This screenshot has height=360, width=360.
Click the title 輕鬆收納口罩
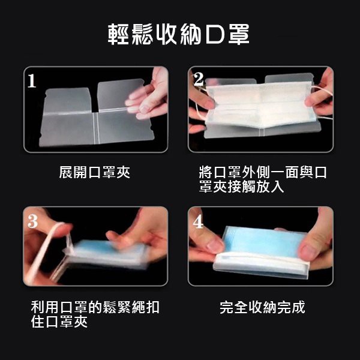click(x=179, y=34)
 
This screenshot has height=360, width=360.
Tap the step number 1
click(x=32, y=81)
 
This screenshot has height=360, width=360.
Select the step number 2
click(x=199, y=79)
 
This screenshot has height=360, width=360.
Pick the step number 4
click(x=198, y=221)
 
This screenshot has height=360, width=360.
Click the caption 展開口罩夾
click(x=95, y=172)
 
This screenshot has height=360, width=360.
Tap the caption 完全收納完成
click(x=262, y=307)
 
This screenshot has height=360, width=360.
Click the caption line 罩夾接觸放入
click(x=242, y=187)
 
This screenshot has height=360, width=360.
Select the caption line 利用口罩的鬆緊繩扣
click(x=95, y=307)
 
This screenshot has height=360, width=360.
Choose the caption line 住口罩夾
click(x=59, y=322)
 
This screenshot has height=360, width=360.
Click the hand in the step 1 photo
click(x=149, y=94)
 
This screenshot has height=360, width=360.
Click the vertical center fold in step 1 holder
click(x=97, y=128)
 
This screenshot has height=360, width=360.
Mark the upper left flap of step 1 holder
click(x=67, y=101)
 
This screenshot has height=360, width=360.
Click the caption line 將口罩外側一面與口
click(x=263, y=172)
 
